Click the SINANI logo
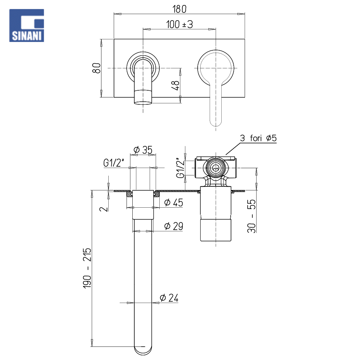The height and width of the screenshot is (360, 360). coord(26,25)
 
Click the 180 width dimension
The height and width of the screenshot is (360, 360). coord(179,9)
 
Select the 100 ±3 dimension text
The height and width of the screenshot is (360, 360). coord(180,24)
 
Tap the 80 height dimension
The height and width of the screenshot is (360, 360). coord(97,68)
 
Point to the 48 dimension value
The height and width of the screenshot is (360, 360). coord(176,85)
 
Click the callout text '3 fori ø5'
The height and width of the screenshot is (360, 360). coord(258,138)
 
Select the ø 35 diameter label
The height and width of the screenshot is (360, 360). coord(143,150)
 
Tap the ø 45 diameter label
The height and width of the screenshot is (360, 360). coord(174,203)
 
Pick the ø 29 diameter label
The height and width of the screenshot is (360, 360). coord(174,226)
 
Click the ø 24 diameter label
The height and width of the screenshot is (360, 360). coord(169,298)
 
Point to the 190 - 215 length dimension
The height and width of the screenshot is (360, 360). coord(87,268)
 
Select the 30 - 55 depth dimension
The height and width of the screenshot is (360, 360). coord(251,216)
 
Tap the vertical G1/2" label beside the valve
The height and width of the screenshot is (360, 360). coord(180,168)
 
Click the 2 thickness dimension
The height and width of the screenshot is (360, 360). coord(104,209)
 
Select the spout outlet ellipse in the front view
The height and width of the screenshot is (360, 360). coord(143,103)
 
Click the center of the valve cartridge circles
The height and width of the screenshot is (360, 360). coord(216,168)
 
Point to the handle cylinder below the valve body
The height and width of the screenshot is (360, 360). coord(216,214)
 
